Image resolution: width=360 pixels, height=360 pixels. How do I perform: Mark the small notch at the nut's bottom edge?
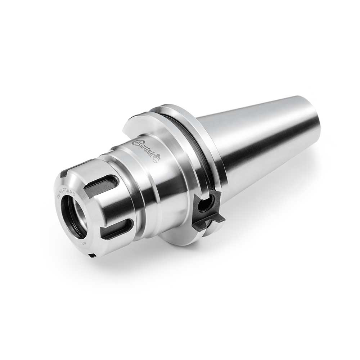(x=92, y=255)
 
